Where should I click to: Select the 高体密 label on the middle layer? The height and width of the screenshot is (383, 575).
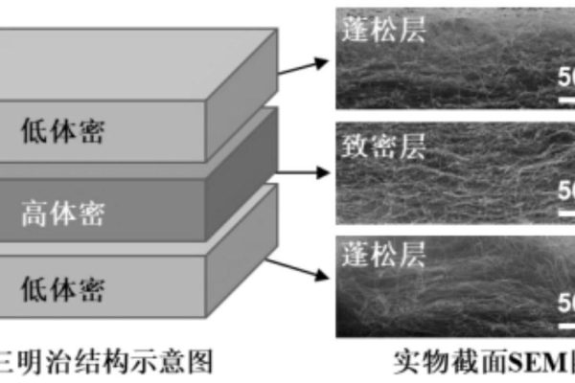point(62,211)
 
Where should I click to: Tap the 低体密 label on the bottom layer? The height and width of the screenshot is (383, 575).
point(62,286)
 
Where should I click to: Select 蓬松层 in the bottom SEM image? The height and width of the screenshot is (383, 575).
point(381,254)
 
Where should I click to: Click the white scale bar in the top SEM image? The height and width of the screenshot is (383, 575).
point(566,96)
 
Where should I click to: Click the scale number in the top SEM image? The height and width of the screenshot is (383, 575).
point(566,77)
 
